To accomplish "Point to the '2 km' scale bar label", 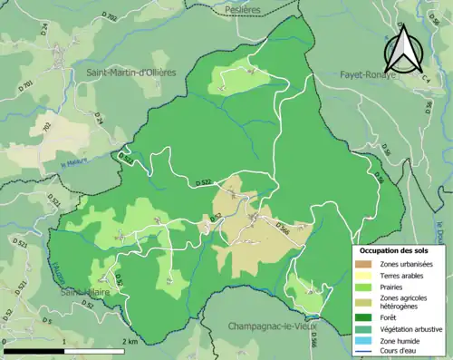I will coord(131,342).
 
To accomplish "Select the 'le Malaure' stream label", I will coord(76,165).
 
